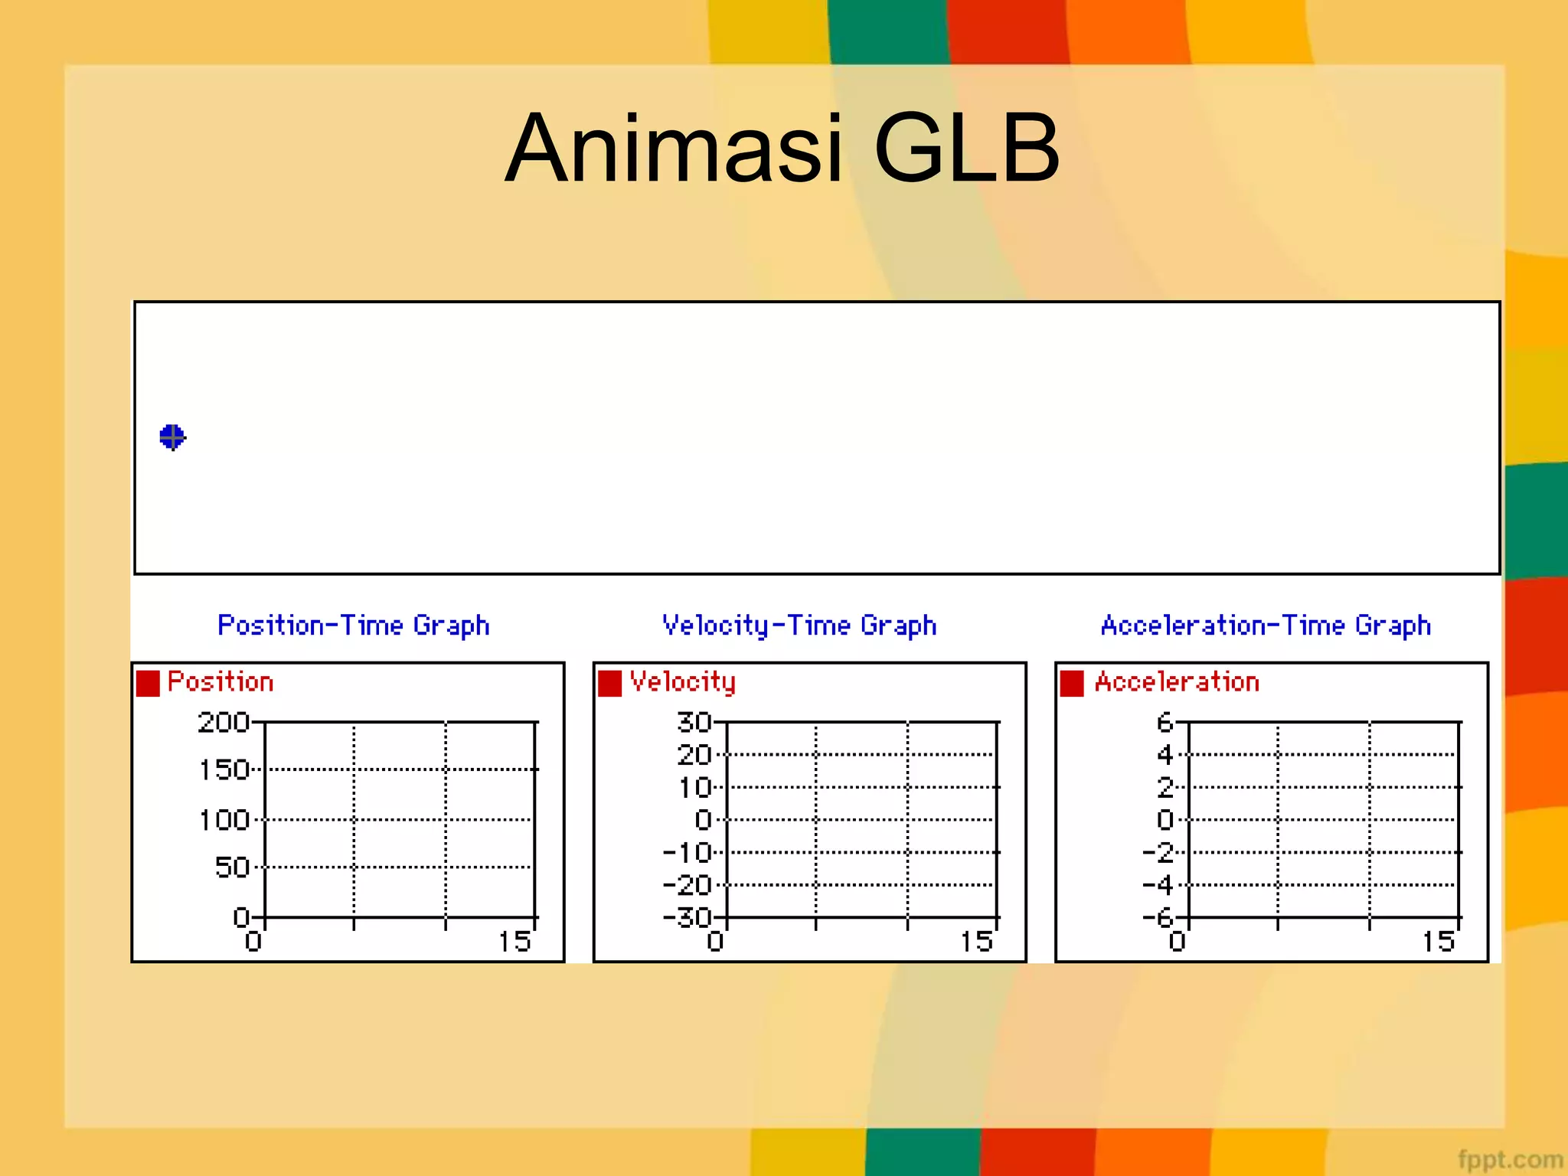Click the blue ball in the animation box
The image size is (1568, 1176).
point(172,437)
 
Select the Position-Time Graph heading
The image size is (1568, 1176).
point(353,626)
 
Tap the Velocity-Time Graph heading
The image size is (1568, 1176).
point(799,626)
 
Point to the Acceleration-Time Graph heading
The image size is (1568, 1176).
point(1266,626)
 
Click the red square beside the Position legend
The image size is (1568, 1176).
point(148,683)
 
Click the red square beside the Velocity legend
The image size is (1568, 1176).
point(609,683)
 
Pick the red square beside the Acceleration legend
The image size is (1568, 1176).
point(1072,683)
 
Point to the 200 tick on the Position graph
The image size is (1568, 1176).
point(224,722)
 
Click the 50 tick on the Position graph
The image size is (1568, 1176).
point(232,867)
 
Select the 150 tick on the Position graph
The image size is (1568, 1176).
point(224,769)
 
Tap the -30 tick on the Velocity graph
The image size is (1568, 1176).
point(687,916)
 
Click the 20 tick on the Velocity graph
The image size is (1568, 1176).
point(694,755)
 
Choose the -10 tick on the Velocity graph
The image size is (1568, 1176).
point(687,852)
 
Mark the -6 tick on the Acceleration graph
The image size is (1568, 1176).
point(1157,916)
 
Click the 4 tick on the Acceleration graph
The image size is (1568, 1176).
point(1165,755)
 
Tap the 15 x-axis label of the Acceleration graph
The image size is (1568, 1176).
point(1438,942)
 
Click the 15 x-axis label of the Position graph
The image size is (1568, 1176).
point(514,942)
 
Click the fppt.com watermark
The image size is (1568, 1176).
point(1509,1159)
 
